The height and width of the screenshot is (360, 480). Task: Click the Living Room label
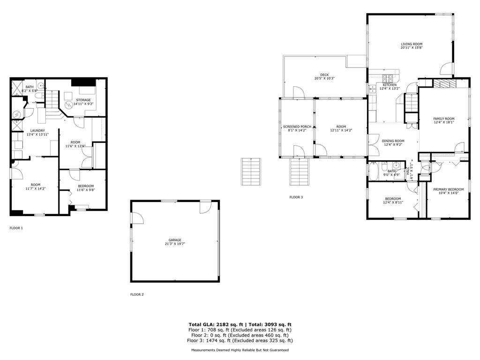[412, 44]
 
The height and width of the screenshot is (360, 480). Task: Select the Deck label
[324, 75]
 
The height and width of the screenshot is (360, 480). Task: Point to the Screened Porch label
[297, 127]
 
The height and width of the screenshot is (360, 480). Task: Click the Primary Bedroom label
[448, 189]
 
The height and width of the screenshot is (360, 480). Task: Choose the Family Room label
[443, 119]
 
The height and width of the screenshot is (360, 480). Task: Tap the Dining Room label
[393, 141]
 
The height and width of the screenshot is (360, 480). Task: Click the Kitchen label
[390, 85]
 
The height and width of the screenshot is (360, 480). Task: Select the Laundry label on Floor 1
[37, 131]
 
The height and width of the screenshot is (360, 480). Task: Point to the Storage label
[83, 100]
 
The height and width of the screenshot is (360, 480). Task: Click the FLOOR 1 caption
[16, 228]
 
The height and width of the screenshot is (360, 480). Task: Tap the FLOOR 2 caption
[137, 294]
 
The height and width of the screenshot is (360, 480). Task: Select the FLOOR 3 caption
[296, 197]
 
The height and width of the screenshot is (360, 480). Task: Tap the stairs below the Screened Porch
[298, 171]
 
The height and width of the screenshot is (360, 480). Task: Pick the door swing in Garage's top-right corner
[206, 207]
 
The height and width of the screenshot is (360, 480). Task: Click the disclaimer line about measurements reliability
[240, 350]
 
